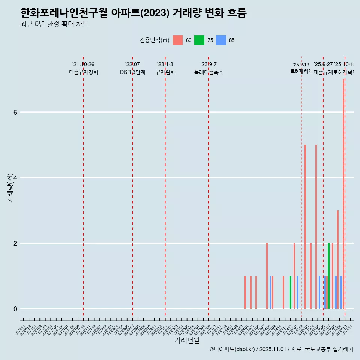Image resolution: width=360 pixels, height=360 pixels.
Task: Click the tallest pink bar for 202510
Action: (x=343, y=195)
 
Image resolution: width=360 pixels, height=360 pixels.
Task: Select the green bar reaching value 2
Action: (x=329, y=276)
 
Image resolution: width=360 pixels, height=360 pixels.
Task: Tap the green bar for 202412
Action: (x=291, y=292)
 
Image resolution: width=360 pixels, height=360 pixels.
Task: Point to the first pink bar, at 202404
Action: (x=245, y=292)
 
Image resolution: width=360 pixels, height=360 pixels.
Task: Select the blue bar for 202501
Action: (x=298, y=292)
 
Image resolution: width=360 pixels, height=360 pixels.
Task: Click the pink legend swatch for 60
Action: (x=178, y=40)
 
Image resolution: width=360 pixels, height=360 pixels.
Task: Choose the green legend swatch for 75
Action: (x=199, y=40)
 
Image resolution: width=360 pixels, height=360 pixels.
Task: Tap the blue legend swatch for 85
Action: (x=221, y=40)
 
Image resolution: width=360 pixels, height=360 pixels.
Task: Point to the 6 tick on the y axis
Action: (x=15, y=112)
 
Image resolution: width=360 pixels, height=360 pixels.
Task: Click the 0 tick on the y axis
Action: (x=15, y=309)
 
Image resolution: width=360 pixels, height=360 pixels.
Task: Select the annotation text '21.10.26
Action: (x=83, y=64)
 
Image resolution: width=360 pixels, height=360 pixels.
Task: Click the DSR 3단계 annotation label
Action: (x=132, y=72)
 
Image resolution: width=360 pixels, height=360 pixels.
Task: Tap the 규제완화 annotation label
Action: (x=165, y=72)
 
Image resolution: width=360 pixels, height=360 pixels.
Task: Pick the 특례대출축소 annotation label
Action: (x=208, y=72)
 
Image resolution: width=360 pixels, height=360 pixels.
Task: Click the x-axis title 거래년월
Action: (x=187, y=340)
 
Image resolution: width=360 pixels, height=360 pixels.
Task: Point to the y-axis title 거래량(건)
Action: (x=10, y=187)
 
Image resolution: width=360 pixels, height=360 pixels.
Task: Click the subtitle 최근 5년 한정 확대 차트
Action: (x=54, y=24)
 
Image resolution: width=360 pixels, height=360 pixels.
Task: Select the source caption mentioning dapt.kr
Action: (x=281, y=349)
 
